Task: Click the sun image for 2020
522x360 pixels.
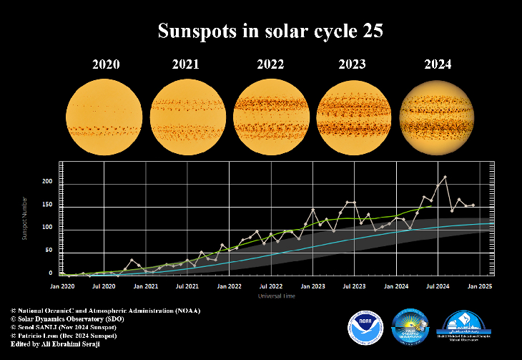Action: click(104, 115)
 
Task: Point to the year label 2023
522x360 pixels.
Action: click(352, 64)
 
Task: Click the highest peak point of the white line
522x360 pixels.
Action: click(445, 177)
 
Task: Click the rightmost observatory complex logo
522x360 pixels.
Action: click(466, 326)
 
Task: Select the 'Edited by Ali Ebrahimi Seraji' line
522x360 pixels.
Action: click(56, 344)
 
